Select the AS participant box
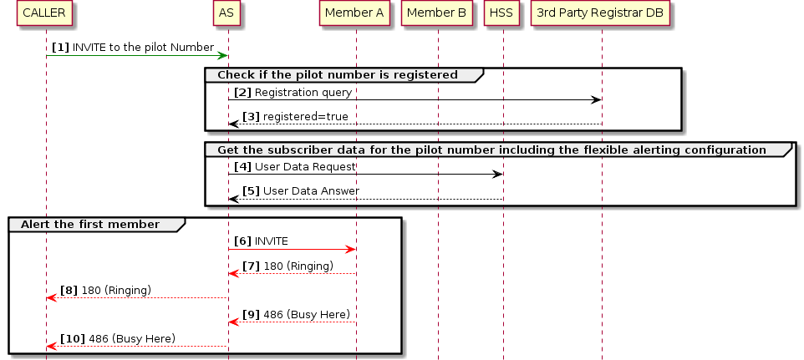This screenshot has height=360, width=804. (226, 13)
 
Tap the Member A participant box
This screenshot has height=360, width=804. (354, 13)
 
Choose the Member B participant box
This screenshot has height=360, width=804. (436, 13)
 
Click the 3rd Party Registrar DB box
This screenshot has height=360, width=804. (600, 13)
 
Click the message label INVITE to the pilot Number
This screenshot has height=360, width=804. (143, 48)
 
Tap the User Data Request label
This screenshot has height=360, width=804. (305, 166)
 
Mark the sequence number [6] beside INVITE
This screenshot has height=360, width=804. (242, 241)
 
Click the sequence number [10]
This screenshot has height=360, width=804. (72, 338)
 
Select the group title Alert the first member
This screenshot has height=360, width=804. (89, 225)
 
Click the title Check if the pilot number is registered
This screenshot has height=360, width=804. (337, 75)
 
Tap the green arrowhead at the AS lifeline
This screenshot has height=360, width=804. (223, 56)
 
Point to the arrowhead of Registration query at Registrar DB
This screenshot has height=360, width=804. (597, 100)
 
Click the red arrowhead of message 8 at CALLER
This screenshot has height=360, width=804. (51, 297)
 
